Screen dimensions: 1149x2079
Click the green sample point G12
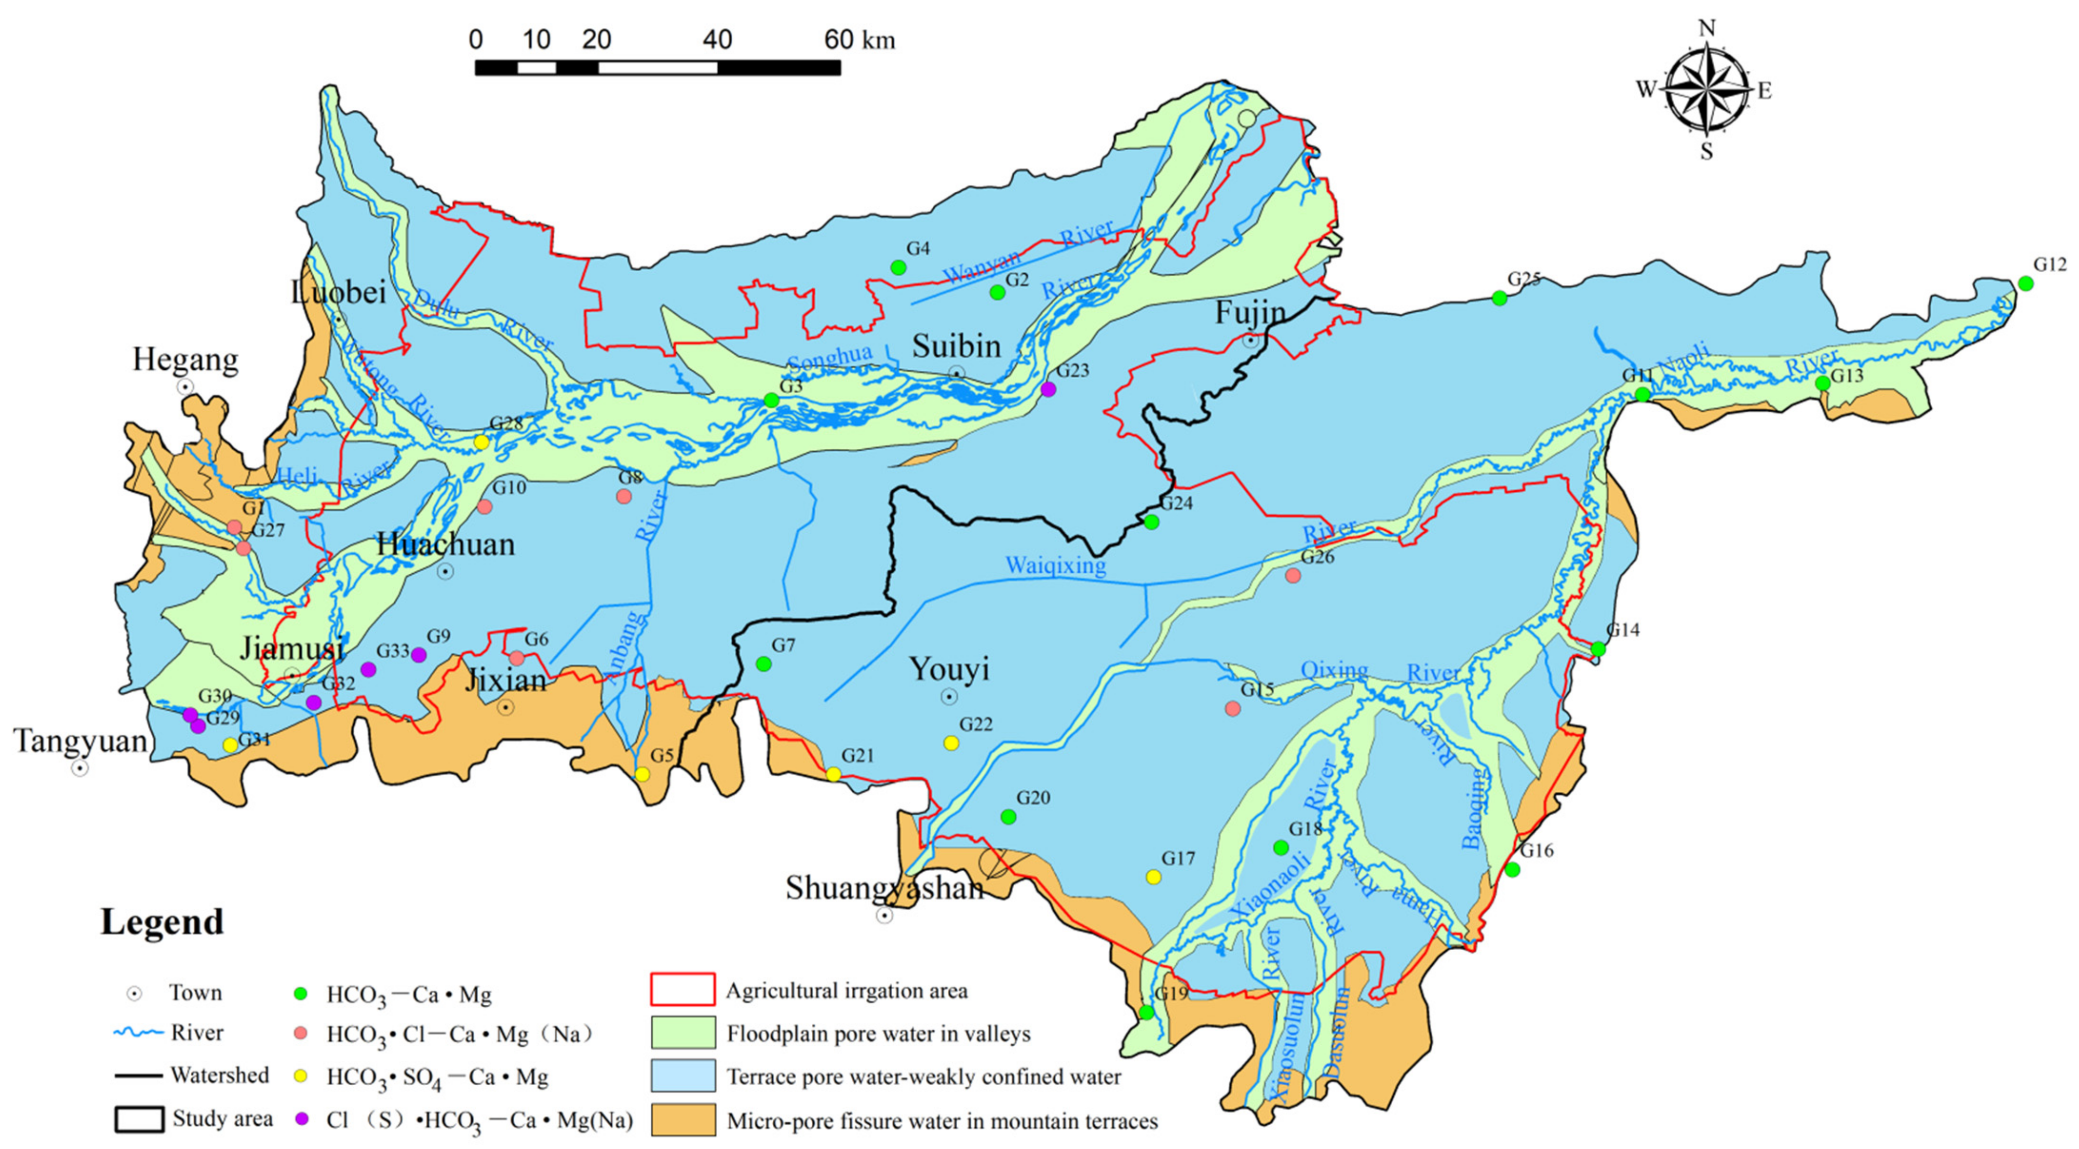pos(2025,283)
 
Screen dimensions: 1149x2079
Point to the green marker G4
pos(897,267)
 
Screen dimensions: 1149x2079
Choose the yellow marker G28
pos(481,442)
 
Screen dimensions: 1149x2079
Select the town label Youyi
pos(948,669)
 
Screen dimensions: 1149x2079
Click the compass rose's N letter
pos(1706,29)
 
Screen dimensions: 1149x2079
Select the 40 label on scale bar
pos(717,39)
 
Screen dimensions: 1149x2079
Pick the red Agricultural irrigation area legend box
pos(682,989)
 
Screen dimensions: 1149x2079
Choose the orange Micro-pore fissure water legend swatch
pos(682,1120)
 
